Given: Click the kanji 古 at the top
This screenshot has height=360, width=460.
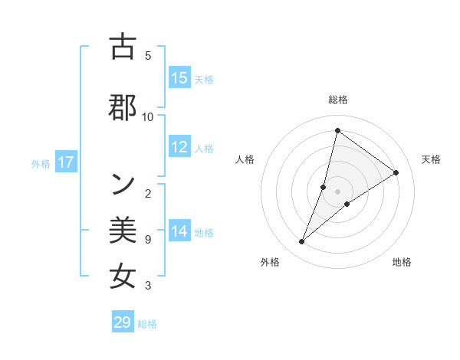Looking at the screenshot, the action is pos(123,47).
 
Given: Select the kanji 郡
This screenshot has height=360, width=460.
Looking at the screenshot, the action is pos(123,107).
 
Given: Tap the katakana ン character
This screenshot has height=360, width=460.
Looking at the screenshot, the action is pos(123,182).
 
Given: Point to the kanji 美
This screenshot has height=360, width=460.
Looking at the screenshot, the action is pos(123,230).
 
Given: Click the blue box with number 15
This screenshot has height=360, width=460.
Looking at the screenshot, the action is pos(179,78).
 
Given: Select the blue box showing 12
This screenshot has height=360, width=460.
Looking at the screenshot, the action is pos(179,148).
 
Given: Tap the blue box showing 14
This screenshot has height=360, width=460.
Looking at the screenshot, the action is pos(179,231).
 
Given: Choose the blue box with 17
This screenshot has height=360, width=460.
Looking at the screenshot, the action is pos(66,162).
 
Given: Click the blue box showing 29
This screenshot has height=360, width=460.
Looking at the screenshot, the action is pos(123,322).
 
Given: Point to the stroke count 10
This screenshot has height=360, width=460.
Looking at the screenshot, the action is pos(148,116).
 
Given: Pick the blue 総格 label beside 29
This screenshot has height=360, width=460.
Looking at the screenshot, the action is pos(147,324).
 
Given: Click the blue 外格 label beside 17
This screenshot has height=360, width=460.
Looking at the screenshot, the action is pos(41,163).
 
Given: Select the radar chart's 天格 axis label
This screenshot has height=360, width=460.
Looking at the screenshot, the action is pos(431,159).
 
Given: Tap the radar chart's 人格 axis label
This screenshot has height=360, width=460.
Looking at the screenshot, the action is pos(245,159).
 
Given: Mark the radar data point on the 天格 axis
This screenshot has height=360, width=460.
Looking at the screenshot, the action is pos(396,172).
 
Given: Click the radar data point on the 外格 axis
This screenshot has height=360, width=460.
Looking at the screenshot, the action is pos(301,242).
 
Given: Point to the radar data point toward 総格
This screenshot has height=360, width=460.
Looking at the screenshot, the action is pos(337,130).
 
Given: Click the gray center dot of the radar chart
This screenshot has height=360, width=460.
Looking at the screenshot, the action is pos(337,191).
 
